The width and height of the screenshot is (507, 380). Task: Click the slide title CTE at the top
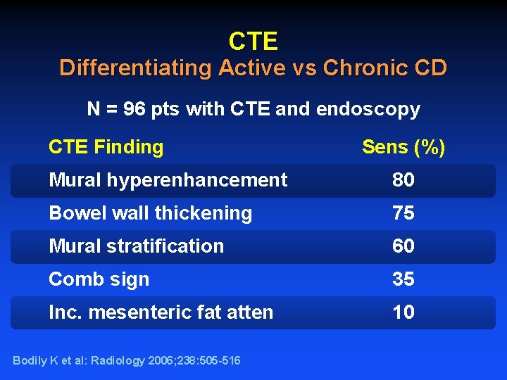pos(254,42)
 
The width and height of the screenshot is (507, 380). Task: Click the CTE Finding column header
pos(106,147)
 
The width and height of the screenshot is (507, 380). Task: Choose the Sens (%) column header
pos(403,147)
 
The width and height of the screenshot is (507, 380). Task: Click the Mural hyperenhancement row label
pos(168,180)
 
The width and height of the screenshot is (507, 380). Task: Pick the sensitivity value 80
pos(403,180)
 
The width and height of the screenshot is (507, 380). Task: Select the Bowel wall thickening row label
pos(150,213)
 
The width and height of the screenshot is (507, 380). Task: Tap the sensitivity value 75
pos(403,213)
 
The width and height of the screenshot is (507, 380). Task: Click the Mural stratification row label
pos(136,246)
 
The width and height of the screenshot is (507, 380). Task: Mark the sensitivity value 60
pos(403,246)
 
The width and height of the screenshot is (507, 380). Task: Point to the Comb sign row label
pos(99,279)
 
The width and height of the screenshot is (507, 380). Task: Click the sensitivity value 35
pos(403,279)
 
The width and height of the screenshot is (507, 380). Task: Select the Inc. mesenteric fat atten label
pos(161,312)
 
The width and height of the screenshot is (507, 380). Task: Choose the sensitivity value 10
pos(403,312)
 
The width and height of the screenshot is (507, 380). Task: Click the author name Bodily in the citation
pos(29,361)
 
